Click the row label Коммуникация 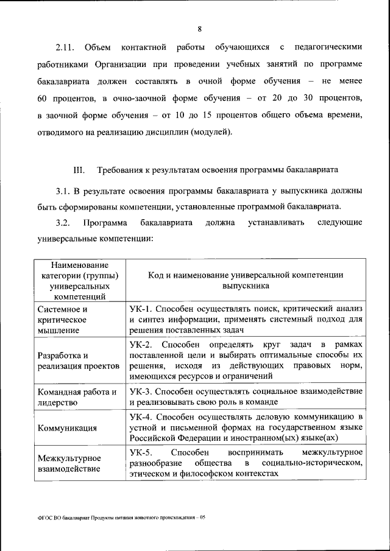[67, 428]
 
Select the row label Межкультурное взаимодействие [69, 463]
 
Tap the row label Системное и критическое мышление [63, 319]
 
